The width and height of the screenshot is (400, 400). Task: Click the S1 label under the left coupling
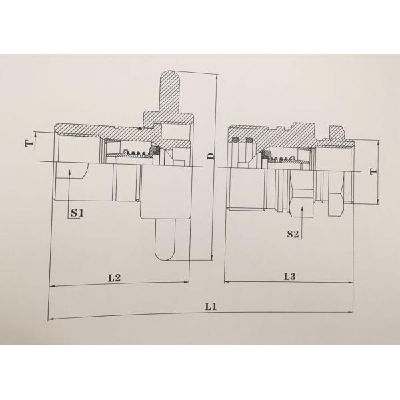point(76,213)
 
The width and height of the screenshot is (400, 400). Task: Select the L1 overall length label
point(212,307)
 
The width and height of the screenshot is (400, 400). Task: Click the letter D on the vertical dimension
point(210,157)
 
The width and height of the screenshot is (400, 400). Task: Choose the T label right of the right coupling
point(372,172)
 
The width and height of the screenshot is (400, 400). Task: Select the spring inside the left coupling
point(139,155)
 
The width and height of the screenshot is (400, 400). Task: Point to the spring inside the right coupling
point(283,159)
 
